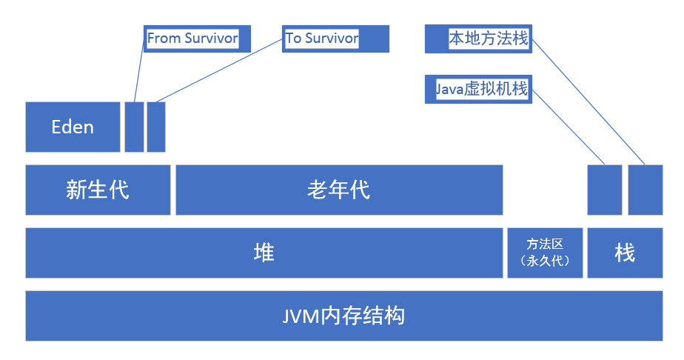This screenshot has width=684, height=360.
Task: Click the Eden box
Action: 73,127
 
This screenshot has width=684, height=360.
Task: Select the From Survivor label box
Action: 197,39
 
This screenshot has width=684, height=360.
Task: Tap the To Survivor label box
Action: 335,39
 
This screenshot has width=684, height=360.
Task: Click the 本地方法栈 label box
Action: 478,39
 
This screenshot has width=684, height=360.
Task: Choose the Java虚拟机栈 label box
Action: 478,90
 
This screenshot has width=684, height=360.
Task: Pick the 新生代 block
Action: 98,190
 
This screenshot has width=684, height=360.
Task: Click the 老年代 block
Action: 339,190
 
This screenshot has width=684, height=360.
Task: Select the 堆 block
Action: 264,253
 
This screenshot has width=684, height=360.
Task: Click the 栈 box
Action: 625,253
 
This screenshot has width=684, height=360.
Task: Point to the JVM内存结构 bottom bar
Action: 343,316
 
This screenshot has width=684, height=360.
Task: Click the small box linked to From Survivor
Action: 134,127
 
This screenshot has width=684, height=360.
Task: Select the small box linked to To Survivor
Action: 156,127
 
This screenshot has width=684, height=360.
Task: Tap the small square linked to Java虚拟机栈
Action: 605,190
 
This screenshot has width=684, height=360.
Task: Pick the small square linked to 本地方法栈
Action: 646,190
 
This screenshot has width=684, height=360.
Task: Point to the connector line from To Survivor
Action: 219,70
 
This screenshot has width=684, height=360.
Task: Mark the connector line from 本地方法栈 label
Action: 589,101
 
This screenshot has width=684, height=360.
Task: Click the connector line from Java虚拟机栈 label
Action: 569,127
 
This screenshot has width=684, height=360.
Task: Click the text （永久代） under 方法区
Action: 545,261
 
